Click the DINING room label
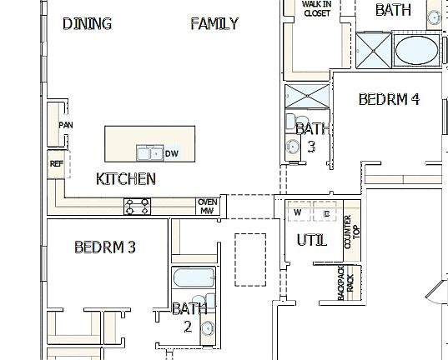tap(88, 23)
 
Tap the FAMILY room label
tap(214, 23)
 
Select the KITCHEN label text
tap(126, 178)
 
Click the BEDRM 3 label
tap(105, 247)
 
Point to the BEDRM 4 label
tap(389, 99)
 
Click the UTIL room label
tap(312, 241)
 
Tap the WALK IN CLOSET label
tap(315, 9)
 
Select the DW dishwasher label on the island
tap(171, 153)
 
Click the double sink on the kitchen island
tap(150, 152)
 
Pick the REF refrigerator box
tap(57, 164)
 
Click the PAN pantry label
tap(65, 125)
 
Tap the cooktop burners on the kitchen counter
tap(138, 206)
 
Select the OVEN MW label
tap(207, 206)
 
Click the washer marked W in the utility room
tap(298, 213)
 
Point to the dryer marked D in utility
tap(326, 213)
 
